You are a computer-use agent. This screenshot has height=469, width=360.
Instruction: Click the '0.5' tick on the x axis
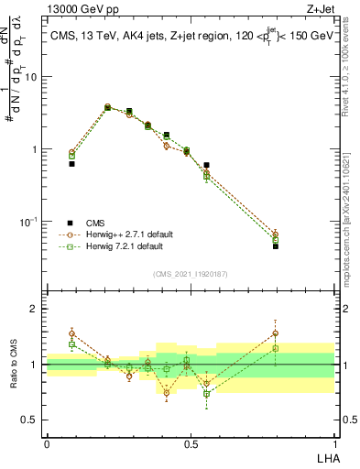[x=190, y=442]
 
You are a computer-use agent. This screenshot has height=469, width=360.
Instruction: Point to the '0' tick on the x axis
[x=46, y=442]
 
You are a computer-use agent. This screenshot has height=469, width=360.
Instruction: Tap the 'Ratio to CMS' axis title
[x=12, y=365]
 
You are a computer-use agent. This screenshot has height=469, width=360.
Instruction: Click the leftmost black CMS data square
[x=71, y=164]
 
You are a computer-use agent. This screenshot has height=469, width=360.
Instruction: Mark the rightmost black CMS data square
[x=301, y=246]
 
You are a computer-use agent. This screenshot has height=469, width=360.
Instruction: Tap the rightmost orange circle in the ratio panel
[x=301, y=333]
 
